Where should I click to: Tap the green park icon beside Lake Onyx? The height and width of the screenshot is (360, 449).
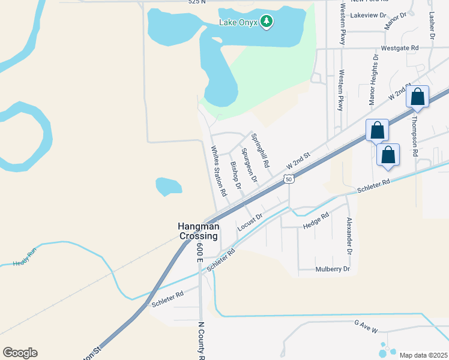pos(267,22)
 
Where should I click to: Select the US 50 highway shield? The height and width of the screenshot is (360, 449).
pos(289,179)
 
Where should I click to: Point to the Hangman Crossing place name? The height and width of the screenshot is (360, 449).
pos(199,231)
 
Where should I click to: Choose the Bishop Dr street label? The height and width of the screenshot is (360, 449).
pos(235,175)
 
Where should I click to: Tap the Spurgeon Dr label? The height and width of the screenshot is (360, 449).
pos(249,166)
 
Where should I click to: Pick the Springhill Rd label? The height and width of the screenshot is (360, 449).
pos(260,151)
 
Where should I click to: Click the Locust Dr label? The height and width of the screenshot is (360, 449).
pos(250,221)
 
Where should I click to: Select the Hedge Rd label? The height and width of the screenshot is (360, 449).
pos(316,220)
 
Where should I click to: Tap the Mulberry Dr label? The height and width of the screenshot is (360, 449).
pos(333,269)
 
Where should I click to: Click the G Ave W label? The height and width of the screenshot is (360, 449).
pos(366,326)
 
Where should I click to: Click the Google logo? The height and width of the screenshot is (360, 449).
pos(20,353)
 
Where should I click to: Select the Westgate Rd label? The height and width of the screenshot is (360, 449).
pos(399,47)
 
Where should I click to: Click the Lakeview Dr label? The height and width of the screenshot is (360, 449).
pos(367,14)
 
